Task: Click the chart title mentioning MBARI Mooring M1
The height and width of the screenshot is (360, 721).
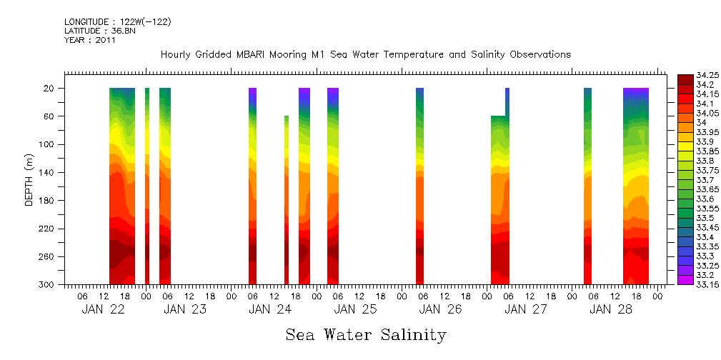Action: pos(365,55)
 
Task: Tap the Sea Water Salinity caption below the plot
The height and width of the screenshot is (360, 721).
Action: pos(366,335)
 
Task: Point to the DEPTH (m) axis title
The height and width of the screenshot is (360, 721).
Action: pos(29,179)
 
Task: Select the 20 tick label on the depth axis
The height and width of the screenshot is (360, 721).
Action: pos(50,88)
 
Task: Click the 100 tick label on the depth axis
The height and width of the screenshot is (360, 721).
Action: pos(48,144)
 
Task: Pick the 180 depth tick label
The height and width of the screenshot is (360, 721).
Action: pos(48,201)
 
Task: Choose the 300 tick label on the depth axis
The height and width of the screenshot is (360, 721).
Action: pos(48,284)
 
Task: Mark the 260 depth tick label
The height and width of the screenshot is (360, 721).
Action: pos(48,256)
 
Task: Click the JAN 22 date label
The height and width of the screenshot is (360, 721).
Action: pos(103,309)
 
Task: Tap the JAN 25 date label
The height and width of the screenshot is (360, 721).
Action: pos(355,309)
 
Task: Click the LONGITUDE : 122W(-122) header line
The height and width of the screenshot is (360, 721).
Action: pos(117,22)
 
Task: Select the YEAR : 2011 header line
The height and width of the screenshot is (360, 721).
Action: pos(90,40)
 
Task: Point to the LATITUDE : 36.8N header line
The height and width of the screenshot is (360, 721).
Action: pos(101,31)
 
